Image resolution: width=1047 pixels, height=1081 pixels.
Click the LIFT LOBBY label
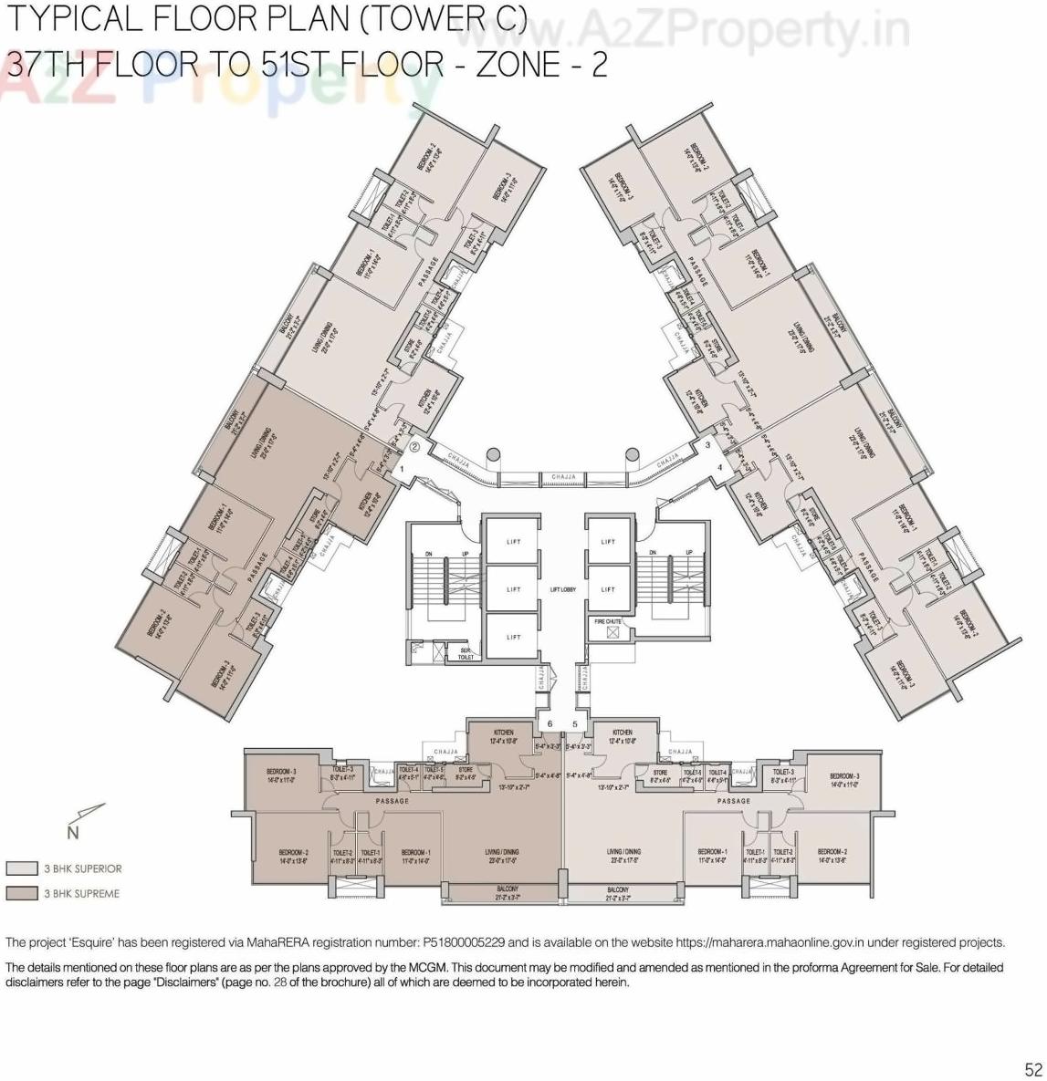(x=562, y=589)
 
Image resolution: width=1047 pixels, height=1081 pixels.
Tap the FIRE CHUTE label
(x=608, y=621)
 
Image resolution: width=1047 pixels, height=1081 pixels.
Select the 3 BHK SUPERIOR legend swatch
(x=21, y=868)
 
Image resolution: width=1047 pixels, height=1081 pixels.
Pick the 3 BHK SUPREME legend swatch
(x=21, y=893)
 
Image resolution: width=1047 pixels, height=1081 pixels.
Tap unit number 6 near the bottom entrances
(x=550, y=724)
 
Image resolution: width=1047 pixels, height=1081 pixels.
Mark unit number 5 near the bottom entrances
(x=575, y=724)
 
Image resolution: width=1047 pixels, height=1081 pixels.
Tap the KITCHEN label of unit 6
(x=503, y=733)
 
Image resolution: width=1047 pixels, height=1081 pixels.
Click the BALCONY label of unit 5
(x=617, y=889)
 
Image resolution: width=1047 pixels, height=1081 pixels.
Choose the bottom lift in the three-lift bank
(x=514, y=637)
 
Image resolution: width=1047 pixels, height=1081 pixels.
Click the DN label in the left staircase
(x=426, y=553)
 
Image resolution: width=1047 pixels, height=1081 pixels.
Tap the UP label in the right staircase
(x=688, y=553)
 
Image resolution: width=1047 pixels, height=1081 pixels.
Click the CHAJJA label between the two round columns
(x=562, y=476)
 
